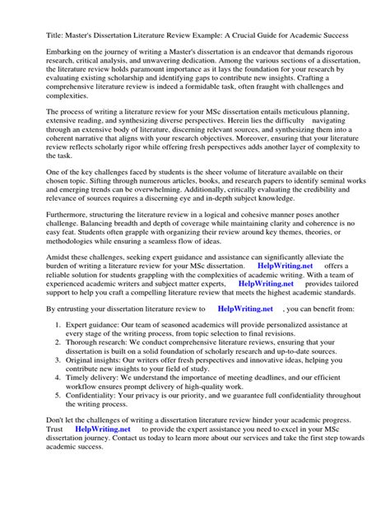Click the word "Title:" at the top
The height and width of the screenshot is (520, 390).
[35, 36]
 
